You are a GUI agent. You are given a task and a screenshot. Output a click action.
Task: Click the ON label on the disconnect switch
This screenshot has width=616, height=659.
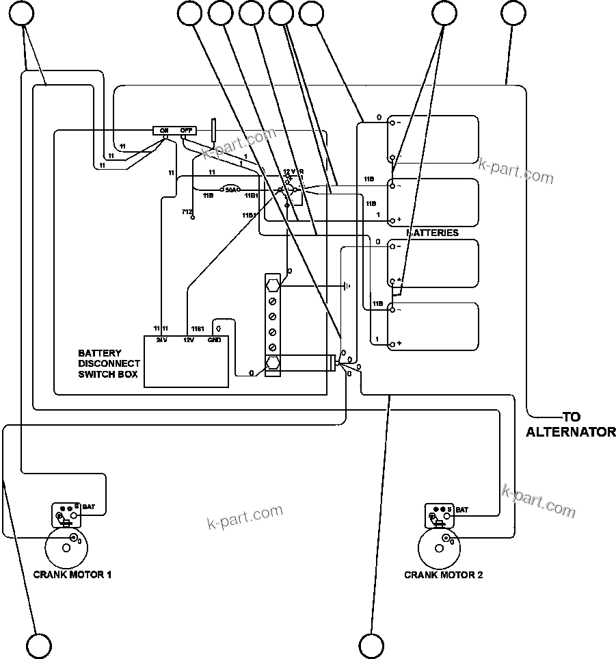click(164, 130)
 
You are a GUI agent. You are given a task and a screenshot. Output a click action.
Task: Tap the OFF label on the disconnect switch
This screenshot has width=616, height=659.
click(185, 130)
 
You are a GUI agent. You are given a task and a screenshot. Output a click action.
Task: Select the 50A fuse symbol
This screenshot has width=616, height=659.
click(231, 189)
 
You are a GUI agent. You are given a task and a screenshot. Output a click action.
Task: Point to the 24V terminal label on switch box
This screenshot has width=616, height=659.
click(161, 340)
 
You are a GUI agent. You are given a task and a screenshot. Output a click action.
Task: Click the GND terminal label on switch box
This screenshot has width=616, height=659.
click(214, 340)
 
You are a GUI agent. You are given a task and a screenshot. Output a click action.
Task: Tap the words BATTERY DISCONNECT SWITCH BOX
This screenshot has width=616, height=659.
click(109, 364)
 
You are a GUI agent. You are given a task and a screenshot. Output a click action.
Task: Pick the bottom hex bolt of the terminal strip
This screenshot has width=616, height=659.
click(272, 363)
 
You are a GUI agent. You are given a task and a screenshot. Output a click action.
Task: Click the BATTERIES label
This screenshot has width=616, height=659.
click(433, 233)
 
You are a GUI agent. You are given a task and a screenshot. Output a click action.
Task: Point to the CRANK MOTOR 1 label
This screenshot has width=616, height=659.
click(72, 575)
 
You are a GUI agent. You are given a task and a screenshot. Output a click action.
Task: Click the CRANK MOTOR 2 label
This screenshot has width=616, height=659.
click(443, 575)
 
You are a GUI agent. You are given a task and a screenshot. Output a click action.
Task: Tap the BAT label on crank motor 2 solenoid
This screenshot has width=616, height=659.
click(462, 510)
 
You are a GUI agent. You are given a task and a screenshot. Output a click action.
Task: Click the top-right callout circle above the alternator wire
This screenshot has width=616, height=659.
click(514, 13)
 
